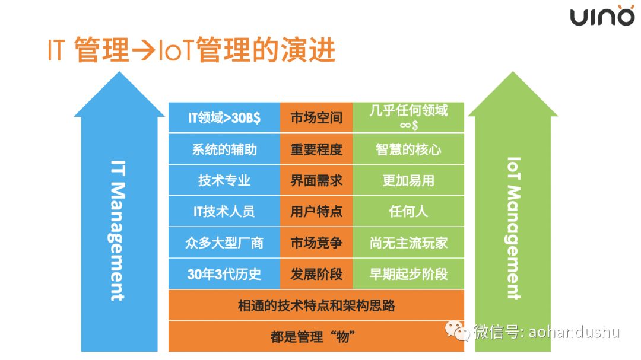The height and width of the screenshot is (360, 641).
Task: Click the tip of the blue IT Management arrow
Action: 119,72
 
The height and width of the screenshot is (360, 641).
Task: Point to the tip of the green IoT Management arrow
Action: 513,72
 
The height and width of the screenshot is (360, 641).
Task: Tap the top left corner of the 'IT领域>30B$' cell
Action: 169,103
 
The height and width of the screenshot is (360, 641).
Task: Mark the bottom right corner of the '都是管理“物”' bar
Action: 464,352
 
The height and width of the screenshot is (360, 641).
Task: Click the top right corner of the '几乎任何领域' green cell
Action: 464,103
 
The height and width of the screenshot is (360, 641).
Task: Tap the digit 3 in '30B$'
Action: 235,118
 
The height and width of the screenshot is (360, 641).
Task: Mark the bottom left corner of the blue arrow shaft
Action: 81,352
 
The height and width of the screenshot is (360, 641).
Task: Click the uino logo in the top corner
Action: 602,16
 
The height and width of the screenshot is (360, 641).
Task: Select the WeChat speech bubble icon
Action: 457,330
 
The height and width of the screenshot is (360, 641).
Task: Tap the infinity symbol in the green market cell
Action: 405,125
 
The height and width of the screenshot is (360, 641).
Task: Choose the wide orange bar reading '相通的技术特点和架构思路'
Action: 316,305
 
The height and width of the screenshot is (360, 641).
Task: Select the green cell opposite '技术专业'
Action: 408,180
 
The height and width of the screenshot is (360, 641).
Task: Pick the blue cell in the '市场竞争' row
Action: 224,243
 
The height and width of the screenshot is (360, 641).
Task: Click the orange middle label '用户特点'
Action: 316,211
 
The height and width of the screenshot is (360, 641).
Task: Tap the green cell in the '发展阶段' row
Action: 408,274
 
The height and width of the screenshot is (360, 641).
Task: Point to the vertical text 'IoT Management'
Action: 514,228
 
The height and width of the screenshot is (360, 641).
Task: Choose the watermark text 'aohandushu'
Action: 574,332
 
